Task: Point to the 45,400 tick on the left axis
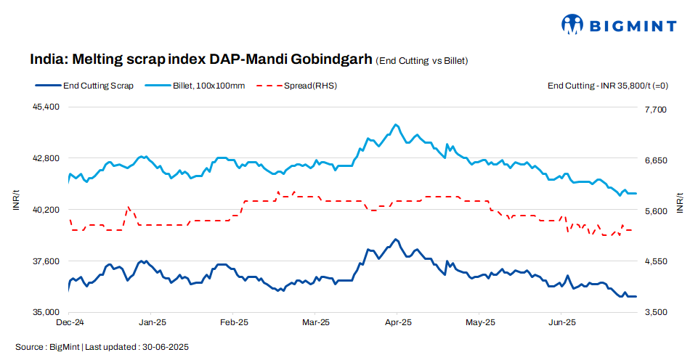45,107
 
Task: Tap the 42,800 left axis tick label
45,158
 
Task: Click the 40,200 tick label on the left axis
45,210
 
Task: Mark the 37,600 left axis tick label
45,261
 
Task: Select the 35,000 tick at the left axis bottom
45,312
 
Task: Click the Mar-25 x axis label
316,322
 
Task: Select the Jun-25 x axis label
561,322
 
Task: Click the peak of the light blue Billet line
395,125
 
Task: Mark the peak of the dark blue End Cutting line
395,239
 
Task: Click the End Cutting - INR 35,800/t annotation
607,86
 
